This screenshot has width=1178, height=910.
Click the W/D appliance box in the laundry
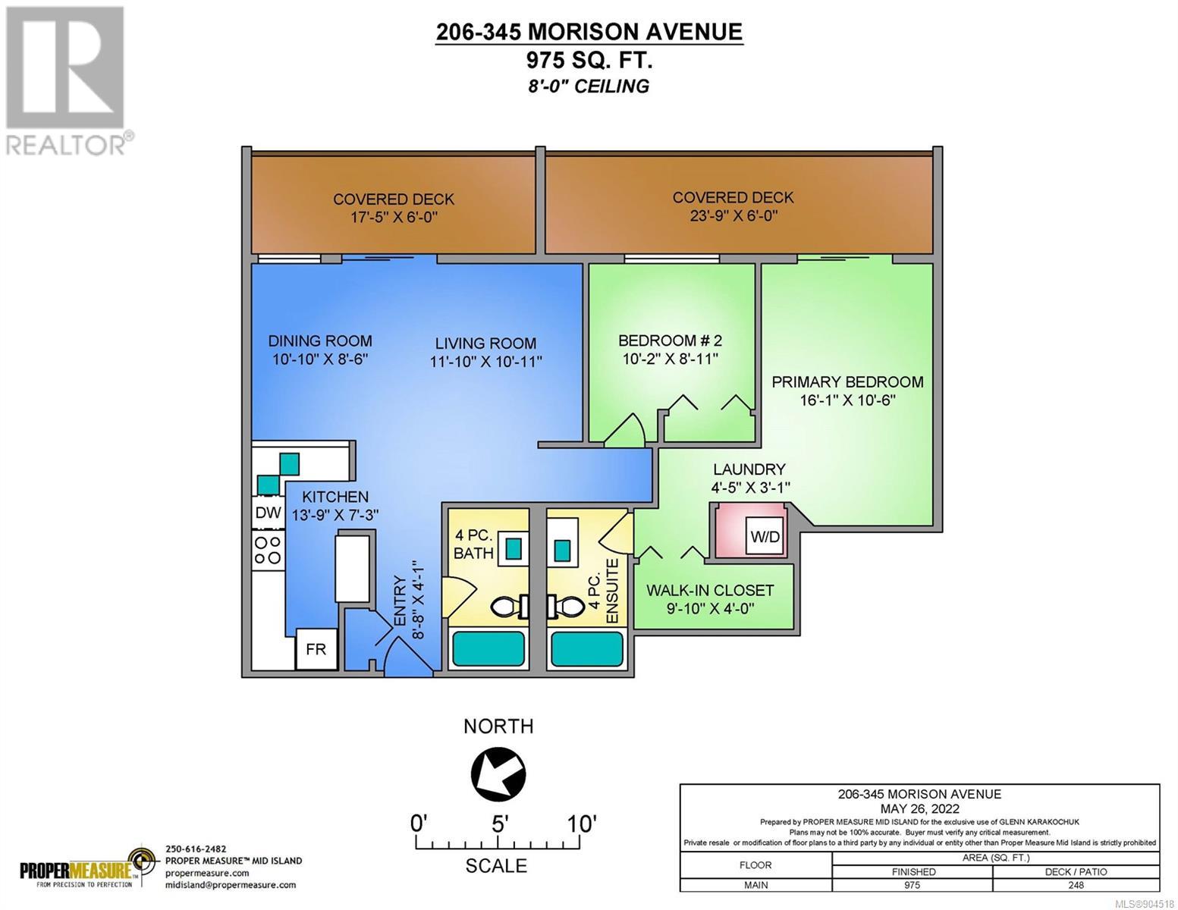tap(765, 536)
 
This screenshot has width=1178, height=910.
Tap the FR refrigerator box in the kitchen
tap(316, 649)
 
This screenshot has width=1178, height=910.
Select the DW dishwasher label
tap(268, 513)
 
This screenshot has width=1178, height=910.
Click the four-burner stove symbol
tap(268, 550)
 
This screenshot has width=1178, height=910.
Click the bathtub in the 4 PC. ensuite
tap(586, 649)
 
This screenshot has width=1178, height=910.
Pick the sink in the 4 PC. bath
tap(513, 550)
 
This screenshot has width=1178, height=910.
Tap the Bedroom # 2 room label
tap(670, 340)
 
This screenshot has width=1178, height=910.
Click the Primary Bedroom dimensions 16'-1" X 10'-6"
tap(847, 400)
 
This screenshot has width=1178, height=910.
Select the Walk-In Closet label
tap(710, 590)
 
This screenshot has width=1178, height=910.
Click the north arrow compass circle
tap(498, 774)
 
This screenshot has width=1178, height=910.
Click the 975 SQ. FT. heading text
tap(589, 60)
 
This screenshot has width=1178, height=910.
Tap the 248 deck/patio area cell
tap(1076, 885)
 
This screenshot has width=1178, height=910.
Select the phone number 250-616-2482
tap(196, 849)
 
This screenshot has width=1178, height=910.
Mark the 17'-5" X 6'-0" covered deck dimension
tap(393, 218)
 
